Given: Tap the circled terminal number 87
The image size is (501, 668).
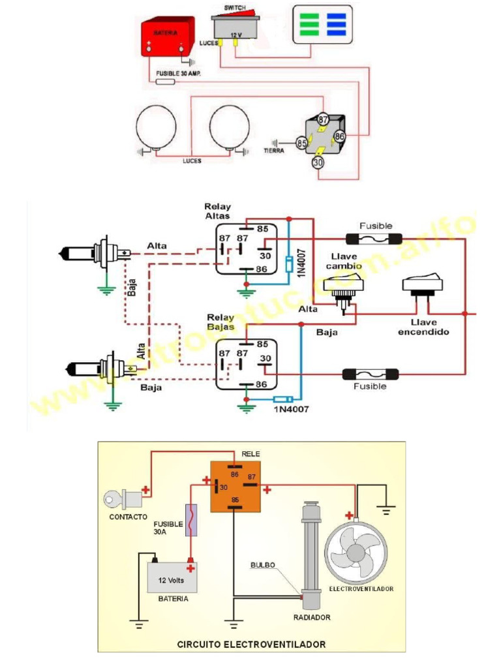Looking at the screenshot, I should point(323,119).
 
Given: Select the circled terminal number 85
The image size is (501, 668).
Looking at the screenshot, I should point(301,142).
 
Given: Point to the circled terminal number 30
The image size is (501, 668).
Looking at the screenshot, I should point(318,163).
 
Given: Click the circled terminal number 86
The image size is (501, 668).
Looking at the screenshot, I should point(339,136).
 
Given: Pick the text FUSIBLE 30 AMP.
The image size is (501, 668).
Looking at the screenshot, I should point(178,74).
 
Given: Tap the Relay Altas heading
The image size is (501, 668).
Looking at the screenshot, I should point(218,211).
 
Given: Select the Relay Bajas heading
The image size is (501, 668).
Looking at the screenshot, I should point(220,322).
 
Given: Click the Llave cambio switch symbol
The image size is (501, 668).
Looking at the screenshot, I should point(341,287).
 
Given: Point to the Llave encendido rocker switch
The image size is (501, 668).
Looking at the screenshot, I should point(422,284).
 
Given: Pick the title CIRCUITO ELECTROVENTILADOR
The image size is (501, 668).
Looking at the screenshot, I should point(251,644).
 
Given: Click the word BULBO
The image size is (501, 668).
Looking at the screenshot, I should point(262,564).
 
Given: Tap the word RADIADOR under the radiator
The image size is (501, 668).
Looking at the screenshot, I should point(312,616).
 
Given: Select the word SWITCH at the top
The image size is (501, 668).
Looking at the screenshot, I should point(236,7).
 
